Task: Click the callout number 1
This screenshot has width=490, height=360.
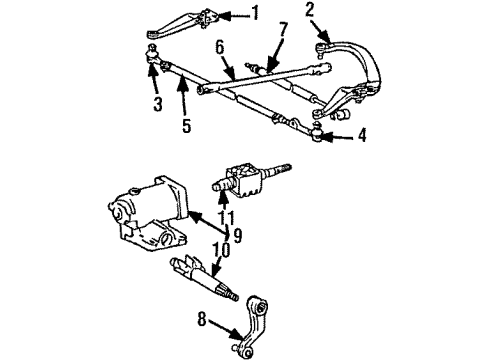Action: (x=255, y=13)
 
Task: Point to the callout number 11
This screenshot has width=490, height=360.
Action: (x=226, y=216)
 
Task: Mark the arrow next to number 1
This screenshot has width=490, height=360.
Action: (x=233, y=14)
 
